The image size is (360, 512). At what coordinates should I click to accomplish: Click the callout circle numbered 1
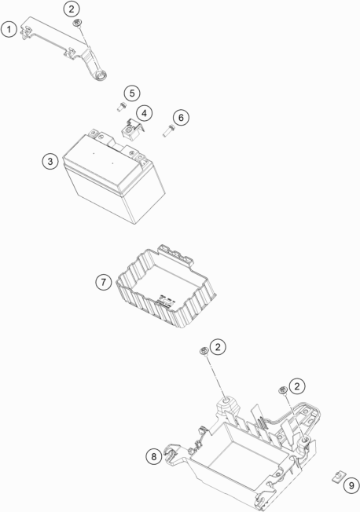[x=9, y=29]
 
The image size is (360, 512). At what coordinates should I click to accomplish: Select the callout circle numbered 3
[x=50, y=161]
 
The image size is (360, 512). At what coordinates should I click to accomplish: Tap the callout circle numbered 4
[x=144, y=113]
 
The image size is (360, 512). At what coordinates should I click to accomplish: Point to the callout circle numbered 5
[x=132, y=93]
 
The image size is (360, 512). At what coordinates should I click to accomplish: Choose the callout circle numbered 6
[x=181, y=117]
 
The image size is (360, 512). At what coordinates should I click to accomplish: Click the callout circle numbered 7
[x=104, y=281]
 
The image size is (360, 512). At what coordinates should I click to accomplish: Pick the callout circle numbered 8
[x=154, y=456]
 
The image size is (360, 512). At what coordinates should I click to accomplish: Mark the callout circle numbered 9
[x=351, y=485]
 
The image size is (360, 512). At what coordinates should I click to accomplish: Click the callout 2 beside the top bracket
[x=72, y=9]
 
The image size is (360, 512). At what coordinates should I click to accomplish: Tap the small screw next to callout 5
[x=121, y=107]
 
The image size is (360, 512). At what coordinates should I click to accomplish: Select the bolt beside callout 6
[x=167, y=131]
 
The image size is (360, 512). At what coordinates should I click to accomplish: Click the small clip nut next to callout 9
[x=336, y=477]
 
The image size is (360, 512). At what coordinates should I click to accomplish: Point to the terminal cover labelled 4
[x=133, y=130]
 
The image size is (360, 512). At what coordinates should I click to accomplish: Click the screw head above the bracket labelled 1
[x=78, y=23]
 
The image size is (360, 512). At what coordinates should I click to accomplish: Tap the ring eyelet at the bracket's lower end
[x=100, y=77]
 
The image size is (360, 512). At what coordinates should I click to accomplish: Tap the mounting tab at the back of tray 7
[x=176, y=254]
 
